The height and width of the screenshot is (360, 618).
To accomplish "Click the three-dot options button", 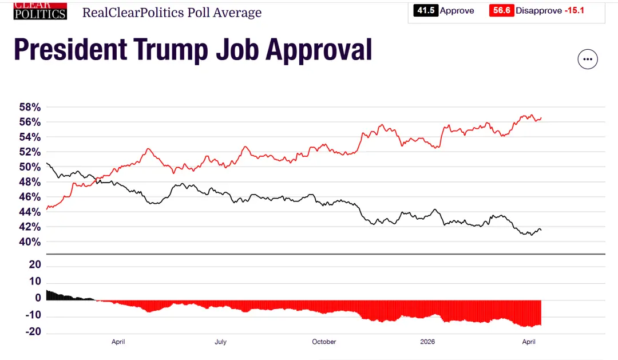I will pyautogui.click(x=588, y=59).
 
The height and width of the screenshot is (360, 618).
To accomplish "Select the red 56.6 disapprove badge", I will pyautogui.click(x=501, y=10).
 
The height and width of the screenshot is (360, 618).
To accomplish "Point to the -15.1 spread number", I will pyautogui.click(x=574, y=10).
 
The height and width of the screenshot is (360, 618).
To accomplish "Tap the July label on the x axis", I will pyautogui.click(x=220, y=342).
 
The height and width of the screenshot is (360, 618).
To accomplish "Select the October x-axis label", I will pyautogui.click(x=324, y=342).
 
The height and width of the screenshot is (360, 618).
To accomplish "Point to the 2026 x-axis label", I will pyautogui.click(x=427, y=342).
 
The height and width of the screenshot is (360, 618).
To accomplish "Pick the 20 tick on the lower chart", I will pyautogui.click(x=34, y=265).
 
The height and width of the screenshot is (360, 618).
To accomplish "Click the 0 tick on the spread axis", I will pyautogui.click(x=38, y=298).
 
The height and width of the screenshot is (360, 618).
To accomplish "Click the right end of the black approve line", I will pyautogui.click(x=541, y=230).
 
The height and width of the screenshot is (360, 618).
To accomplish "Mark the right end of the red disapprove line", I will pyautogui.click(x=541, y=118).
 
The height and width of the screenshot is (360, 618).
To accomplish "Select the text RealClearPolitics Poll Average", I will pyautogui.click(x=172, y=12).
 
